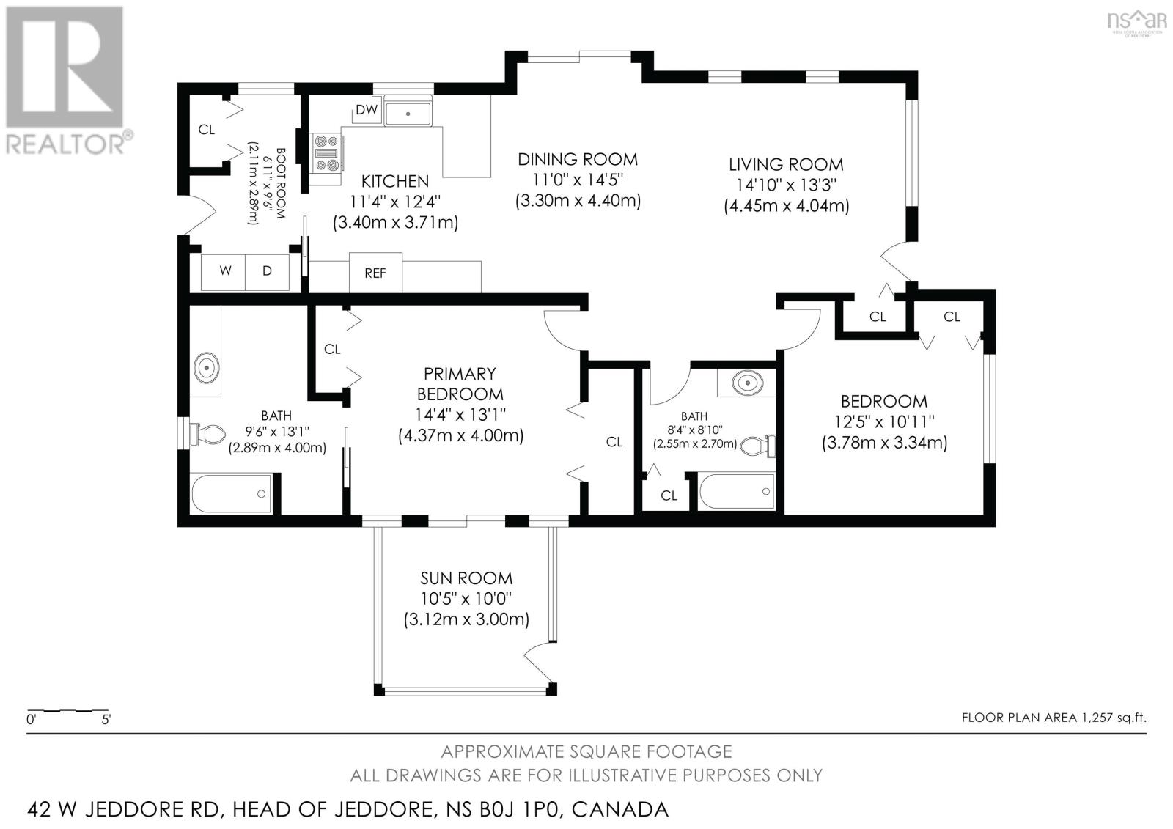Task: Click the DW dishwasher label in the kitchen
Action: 367,110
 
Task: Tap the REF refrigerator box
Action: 375,273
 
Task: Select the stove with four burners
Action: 326,153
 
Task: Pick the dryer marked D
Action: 267,272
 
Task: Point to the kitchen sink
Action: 408,113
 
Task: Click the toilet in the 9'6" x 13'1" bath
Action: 208,434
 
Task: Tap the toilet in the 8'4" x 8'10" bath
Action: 759,446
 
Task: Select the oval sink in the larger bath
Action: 207,368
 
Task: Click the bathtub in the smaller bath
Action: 737,491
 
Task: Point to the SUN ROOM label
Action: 466,578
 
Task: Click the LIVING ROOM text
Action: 786,164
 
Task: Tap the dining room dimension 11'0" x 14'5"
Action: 578,180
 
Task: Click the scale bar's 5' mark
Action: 106,720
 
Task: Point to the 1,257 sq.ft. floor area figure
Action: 1114,718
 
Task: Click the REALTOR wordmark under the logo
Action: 65,144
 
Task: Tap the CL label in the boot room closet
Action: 206,129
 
